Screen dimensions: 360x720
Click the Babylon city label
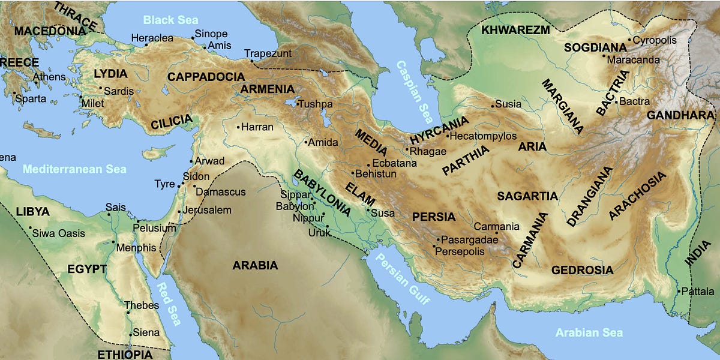[290, 206]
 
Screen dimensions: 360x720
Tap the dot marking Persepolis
[434, 246]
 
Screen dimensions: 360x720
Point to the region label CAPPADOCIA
[206, 77]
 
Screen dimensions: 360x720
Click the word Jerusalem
[207, 210]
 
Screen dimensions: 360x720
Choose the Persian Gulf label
[403, 279]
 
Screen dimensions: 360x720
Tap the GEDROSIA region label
[582, 270]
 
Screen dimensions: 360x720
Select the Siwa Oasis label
[59, 233]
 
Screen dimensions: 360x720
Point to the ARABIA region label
[255, 265]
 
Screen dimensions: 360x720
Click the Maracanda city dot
[604, 56]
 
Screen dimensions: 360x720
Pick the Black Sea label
[170, 20]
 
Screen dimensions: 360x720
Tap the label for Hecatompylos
[482, 136]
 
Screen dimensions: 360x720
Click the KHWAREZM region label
[515, 29]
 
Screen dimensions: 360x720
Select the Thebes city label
[142, 305]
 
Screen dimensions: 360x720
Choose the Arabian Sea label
[589, 332]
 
